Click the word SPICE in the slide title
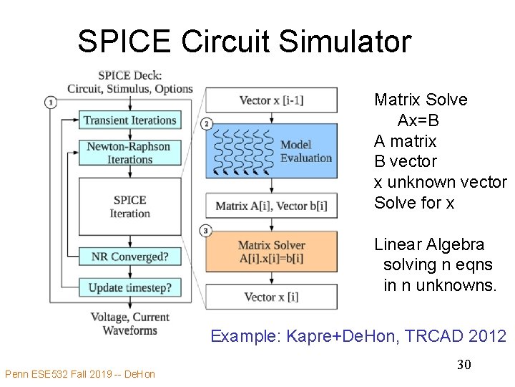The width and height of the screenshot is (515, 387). point(124,42)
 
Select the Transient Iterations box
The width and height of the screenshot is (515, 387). point(129,120)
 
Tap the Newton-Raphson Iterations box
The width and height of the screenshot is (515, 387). point(129,153)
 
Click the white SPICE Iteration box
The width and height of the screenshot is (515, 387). point(129,206)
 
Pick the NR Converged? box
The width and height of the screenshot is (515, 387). point(129,257)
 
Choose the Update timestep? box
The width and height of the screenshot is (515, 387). point(129,288)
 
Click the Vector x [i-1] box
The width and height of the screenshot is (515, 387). point(271,100)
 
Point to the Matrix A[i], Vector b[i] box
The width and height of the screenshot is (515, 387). point(271,206)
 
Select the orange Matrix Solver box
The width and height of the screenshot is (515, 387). point(271,251)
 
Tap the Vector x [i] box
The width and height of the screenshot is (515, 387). point(271,297)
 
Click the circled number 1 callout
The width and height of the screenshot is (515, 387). point(51,102)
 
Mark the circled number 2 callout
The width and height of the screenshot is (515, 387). point(207,124)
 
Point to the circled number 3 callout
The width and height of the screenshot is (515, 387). point(207,231)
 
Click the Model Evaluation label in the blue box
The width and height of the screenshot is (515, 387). point(305,152)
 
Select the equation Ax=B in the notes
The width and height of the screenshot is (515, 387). point(418,120)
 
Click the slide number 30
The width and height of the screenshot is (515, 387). point(463,365)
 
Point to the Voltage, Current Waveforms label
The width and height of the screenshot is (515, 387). point(129,324)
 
